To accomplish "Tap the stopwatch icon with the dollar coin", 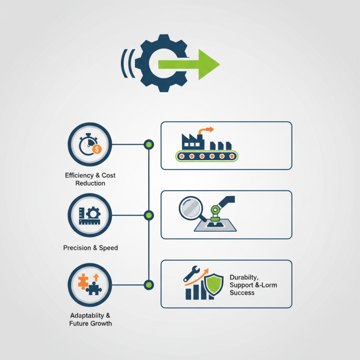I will pyautogui.click(x=90, y=145).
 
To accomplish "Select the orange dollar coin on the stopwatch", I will pyautogui.click(x=97, y=148).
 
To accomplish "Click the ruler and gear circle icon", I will pyautogui.click(x=90, y=216).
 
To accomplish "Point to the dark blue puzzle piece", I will pyautogui.click(x=94, y=288).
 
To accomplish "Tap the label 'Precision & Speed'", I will pyautogui.click(x=90, y=247).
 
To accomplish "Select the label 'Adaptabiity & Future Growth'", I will pyautogui.click(x=90, y=319).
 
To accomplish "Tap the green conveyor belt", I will pyautogui.click(x=207, y=156).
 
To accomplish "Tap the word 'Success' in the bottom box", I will pyautogui.click(x=242, y=293).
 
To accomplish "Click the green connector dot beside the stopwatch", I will pyautogui.click(x=148, y=145).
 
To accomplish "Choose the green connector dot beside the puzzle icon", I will pyautogui.click(x=148, y=284).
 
